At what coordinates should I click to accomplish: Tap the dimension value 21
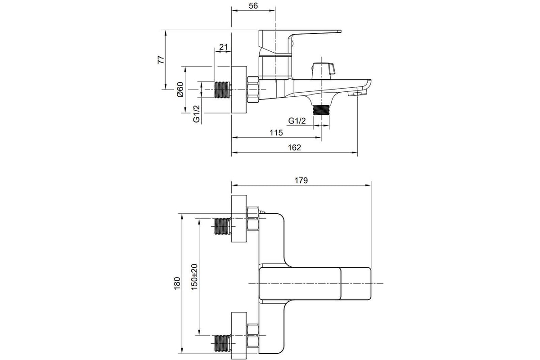point(224,47)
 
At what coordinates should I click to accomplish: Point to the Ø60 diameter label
point(180,90)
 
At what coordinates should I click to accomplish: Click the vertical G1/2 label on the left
point(197,114)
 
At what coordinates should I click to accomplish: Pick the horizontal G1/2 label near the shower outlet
point(297,121)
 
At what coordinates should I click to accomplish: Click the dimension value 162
point(294,148)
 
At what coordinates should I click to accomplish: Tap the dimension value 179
point(301,180)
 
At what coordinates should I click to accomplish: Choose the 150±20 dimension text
point(194,277)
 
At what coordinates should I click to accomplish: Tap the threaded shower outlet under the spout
point(321,110)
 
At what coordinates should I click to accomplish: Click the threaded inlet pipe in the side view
point(222,90)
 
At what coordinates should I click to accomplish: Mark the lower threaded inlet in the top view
point(221,342)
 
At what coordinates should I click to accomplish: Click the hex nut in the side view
point(253,89)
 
